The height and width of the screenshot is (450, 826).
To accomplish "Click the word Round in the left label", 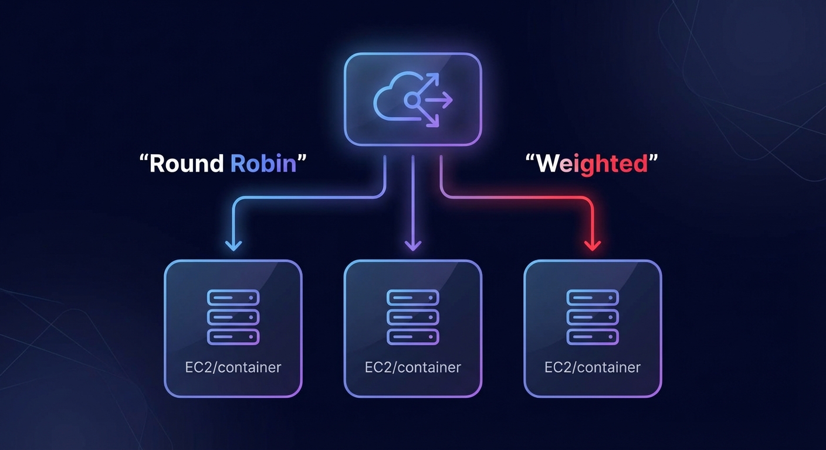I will tap(187, 163).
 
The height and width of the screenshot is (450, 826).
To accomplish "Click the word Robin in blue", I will tap(263, 163).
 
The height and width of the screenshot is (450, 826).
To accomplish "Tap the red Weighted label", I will tap(592, 163).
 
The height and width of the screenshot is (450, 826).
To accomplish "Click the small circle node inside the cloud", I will tap(412, 101).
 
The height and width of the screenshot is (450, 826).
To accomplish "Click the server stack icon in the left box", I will tap(233, 317).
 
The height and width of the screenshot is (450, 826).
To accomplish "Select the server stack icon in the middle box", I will tap(413, 317).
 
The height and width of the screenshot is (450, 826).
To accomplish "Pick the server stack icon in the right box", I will tap(593, 317).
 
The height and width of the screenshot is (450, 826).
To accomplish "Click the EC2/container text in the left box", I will tap(233, 367).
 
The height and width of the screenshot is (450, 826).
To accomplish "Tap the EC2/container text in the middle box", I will tap(413, 367).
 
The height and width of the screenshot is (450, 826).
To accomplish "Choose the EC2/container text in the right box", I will tap(593, 367).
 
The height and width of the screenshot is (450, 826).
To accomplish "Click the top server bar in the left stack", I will tap(233, 298).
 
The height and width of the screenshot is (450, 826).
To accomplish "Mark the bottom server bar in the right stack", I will tap(593, 337).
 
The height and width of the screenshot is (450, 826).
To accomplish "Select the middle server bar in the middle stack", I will tap(413, 317).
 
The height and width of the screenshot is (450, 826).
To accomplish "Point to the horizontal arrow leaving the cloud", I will tap(437, 101).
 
